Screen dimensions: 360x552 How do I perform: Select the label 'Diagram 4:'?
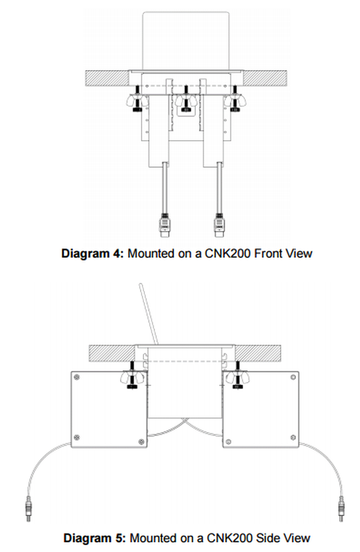point(93,254)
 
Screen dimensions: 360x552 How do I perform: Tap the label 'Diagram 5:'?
point(94,539)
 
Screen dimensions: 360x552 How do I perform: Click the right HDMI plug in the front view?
point(219,225)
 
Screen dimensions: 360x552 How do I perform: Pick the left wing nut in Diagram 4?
point(137,101)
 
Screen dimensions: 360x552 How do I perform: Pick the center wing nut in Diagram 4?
point(186,101)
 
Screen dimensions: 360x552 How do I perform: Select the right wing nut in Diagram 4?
point(234,101)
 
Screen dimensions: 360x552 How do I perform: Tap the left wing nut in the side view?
point(132,378)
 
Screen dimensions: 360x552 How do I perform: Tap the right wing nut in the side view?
point(238,378)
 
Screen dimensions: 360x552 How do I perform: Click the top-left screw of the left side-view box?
point(77,377)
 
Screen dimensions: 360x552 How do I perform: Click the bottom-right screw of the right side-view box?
point(293,437)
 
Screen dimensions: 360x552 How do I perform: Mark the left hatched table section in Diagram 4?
point(107,78)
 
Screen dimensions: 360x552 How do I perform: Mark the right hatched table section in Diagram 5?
point(258,353)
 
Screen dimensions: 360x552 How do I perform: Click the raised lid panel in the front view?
point(186,40)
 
